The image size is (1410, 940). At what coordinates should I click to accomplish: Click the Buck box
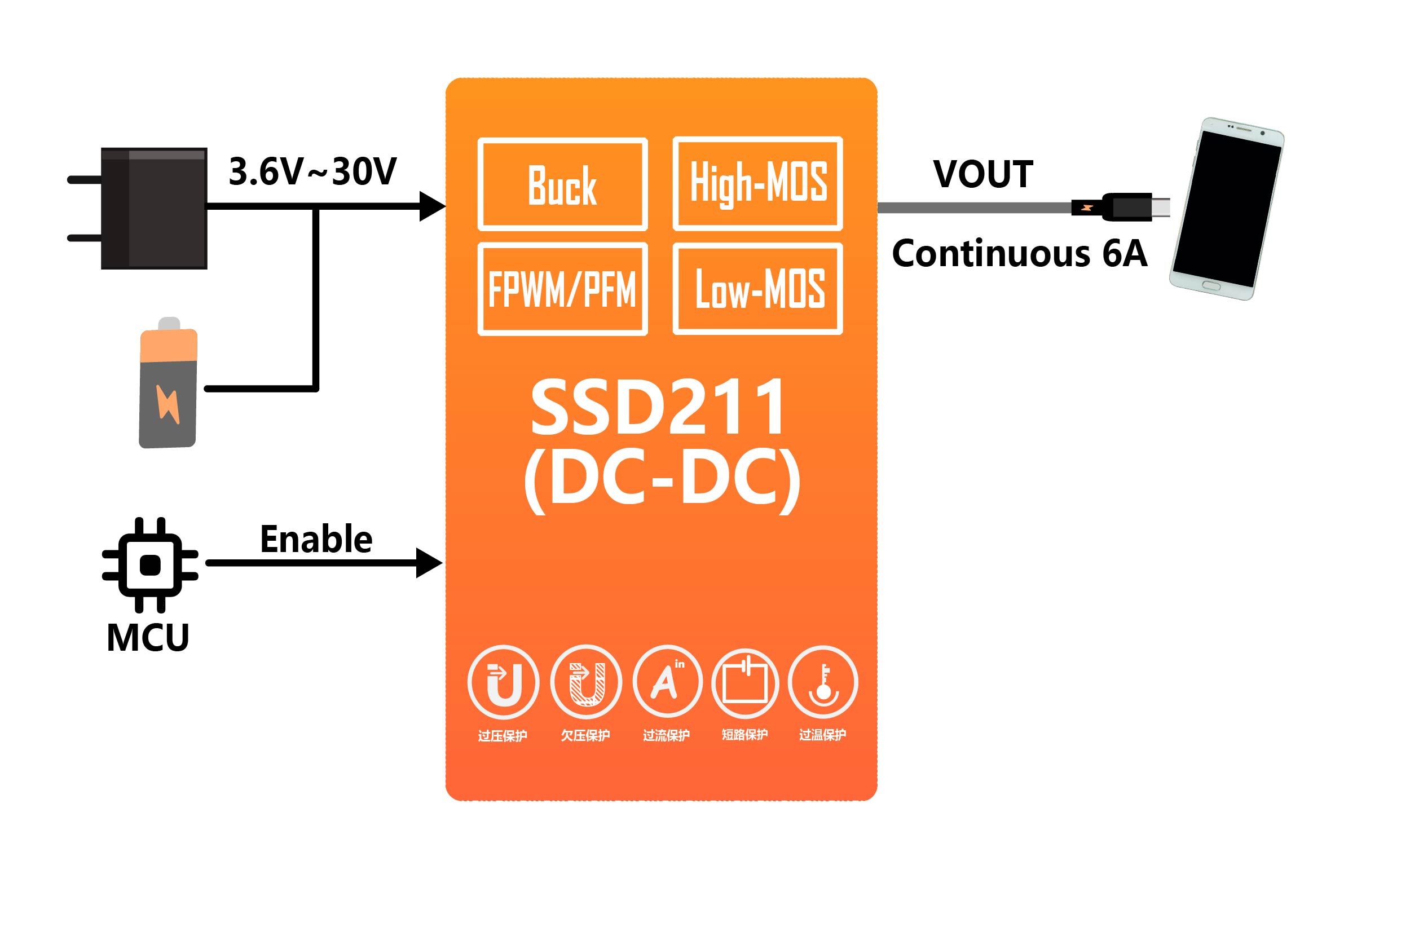point(562,184)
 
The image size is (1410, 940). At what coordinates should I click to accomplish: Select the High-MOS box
point(758,183)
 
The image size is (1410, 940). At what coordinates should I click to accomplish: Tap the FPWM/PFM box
point(562,289)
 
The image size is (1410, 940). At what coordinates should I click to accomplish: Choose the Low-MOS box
point(758,289)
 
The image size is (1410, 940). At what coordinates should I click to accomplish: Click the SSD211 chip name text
point(658,408)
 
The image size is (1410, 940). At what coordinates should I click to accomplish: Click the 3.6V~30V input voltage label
point(312,171)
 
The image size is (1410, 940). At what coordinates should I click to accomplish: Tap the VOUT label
point(983,174)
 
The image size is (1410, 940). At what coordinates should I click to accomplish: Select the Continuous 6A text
point(1019,254)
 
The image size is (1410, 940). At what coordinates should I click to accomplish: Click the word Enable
point(316,539)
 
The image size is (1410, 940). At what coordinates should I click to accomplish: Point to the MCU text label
point(147,637)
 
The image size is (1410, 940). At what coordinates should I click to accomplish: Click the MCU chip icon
point(150,564)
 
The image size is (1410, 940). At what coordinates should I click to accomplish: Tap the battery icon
point(169,383)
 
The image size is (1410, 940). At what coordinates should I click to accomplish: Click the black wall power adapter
point(153,208)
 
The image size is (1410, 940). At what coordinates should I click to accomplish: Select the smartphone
point(1227,209)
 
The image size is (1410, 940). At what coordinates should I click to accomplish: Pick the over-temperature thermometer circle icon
point(822,682)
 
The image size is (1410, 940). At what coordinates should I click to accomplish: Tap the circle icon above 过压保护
point(503,682)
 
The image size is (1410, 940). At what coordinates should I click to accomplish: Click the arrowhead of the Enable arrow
point(429,563)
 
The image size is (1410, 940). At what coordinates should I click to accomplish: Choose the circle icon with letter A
point(667,682)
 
